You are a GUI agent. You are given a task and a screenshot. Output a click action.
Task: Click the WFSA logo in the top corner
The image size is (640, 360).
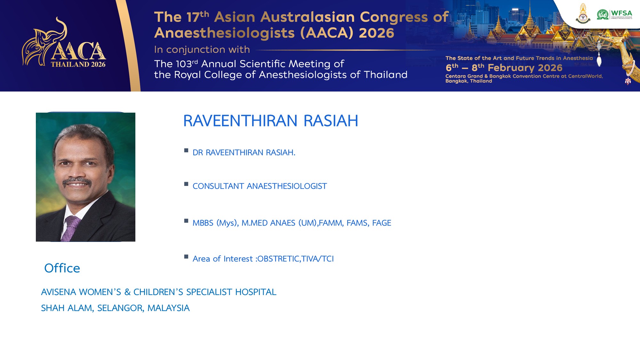(614, 14)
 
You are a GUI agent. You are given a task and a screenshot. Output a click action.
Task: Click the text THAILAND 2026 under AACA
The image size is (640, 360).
(78, 64)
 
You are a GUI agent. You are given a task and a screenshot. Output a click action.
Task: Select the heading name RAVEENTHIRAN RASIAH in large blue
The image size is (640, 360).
(271, 121)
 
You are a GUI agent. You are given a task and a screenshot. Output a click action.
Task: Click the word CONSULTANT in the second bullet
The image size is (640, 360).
(218, 186)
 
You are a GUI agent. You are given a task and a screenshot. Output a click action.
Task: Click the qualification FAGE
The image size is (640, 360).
(382, 223)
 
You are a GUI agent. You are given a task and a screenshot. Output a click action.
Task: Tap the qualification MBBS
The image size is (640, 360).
(203, 223)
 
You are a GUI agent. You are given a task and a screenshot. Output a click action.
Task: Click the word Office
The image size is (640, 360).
(62, 268)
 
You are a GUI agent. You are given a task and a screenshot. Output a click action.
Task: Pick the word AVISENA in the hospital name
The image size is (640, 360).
(59, 292)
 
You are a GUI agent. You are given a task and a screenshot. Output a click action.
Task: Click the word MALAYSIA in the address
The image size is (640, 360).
(169, 308)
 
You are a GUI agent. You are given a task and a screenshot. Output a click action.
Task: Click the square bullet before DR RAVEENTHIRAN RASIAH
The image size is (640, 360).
(186, 150)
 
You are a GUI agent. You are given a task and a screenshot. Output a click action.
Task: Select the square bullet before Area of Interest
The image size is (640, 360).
(186, 257)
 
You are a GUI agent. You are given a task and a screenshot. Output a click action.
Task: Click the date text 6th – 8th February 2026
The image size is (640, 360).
(504, 68)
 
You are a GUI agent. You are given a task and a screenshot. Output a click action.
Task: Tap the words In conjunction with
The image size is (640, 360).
(202, 50)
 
